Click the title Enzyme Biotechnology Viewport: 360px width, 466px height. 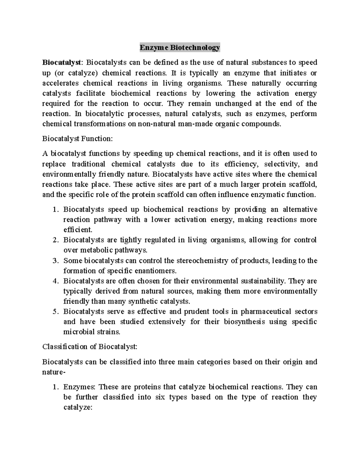pyautogui.click(x=180, y=47)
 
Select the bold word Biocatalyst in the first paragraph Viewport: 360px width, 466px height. pyautogui.click(x=61, y=62)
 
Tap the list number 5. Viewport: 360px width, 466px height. pyautogui.click(x=55, y=311)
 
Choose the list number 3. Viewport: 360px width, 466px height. pyautogui.click(x=55, y=260)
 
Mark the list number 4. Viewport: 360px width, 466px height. pyautogui.click(x=55, y=281)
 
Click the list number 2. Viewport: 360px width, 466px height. pyautogui.click(x=55, y=240)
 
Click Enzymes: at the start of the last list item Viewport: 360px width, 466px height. pyautogui.click(x=79, y=387)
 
